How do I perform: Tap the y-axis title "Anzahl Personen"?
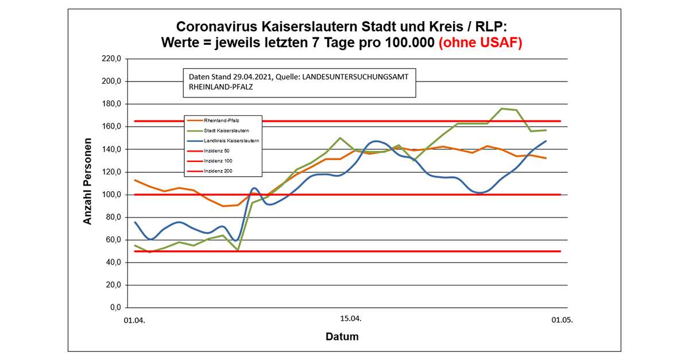[x=87, y=181]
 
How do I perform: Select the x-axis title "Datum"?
[x=342, y=336]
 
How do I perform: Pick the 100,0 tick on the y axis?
[x=111, y=195]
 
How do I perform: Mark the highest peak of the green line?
[x=502, y=109]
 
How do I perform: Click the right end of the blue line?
[x=545, y=141]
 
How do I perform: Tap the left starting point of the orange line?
[x=134, y=180]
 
